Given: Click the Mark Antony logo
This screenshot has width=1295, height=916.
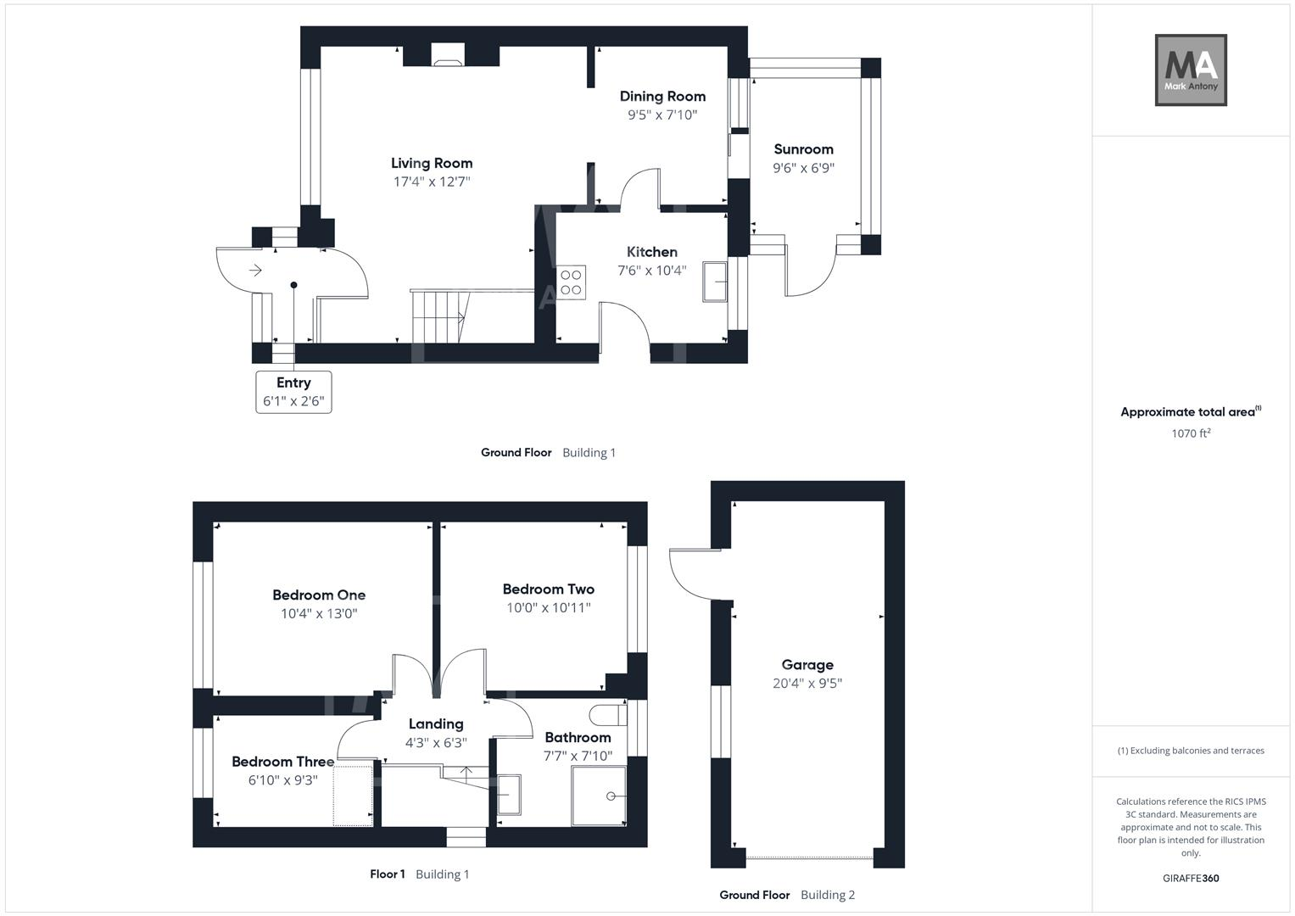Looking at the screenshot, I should (x=1191, y=70).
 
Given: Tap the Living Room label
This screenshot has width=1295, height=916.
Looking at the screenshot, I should (x=432, y=163).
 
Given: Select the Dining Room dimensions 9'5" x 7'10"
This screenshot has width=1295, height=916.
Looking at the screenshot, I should (x=662, y=115).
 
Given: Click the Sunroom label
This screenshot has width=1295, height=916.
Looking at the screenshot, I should (x=803, y=149).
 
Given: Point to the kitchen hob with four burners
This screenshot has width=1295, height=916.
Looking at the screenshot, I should (x=571, y=282).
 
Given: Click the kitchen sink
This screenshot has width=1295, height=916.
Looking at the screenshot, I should (x=714, y=282).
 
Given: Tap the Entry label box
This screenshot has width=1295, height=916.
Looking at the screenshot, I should (x=293, y=392).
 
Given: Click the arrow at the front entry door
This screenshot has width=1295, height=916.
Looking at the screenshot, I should (x=255, y=271).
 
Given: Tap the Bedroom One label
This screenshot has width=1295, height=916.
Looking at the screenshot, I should (x=319, y=595).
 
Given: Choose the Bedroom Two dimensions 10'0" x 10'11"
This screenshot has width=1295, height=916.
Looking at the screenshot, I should (x=548, y=607).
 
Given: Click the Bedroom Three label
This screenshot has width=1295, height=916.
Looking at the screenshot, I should (x=282, y=762).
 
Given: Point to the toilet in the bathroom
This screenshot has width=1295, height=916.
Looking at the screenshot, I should (x=607, y=714).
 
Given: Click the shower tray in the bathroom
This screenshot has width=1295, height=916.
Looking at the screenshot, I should (x=599, y=796).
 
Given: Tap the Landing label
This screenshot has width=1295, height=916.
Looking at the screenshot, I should (x=436, y=723).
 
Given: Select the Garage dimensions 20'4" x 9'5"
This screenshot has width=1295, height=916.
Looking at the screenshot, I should (x=807, y=684).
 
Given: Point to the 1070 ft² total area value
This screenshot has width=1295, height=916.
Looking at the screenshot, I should (x=1191, y=433).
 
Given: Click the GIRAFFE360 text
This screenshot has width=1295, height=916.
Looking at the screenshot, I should (x=1191, y=878).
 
